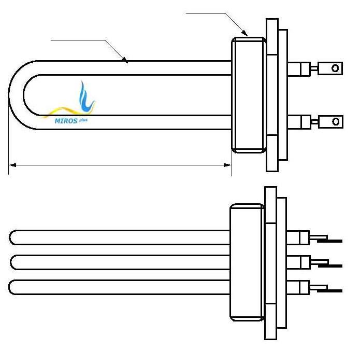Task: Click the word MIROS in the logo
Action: pyautogui.click(x=66, y=121)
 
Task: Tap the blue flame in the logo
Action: pyautogui.click(x=85, y=97)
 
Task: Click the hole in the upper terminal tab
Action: pyautogui.click(x=335, y=68)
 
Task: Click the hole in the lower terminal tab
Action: pyautogui.click(x=336, y=121)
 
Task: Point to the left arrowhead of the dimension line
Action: pyautogui.click(x=12, y=165)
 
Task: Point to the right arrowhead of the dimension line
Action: pyautogui.click(x=227, y=165)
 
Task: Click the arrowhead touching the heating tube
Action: pyautogui.click(x=125, y=60)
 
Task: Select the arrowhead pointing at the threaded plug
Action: pyautogui.click(x=244, y=33)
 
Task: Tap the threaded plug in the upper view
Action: pyautogui.click(x=249, y=95)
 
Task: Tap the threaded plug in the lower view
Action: pyautogui.click(x=247, y=262)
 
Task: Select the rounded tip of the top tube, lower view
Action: pyautogui.click(x=11, y=237)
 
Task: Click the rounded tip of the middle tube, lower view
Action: pyautogui.click(x=13, y=262)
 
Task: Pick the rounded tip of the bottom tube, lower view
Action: pyautogui.click(x=11, y=287)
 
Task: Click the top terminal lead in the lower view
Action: pyautogui.click(x=326, y=239)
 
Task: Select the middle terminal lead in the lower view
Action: pyautogui.click(x=326, y=264)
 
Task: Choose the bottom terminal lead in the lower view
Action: pyautogui.click(x=326, y=288)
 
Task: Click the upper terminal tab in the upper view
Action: pyautogui.click(x=330, y=68)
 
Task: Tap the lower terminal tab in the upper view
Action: pyautogui.click(x=331, y=121)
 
